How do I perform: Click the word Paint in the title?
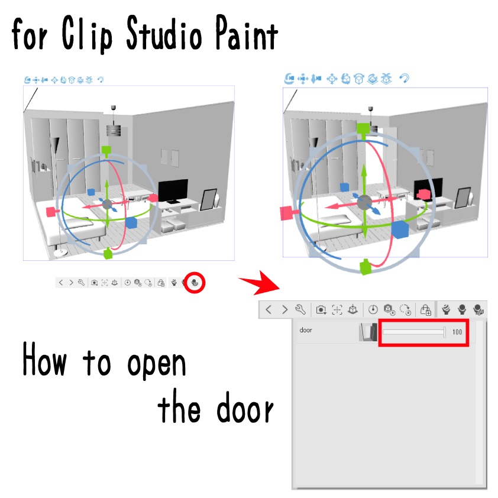tap(247, 33)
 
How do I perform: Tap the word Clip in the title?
tap(87, 34)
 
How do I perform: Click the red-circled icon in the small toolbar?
tap(195, 282)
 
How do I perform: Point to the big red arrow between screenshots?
tap(260, 282)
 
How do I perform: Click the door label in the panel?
tap(306, 330)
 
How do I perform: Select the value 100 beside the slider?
tap(457, 332)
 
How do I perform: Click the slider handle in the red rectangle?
tap(444, 332)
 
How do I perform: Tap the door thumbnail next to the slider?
tap(368, 332)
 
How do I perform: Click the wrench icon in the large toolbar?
tap(300, 309)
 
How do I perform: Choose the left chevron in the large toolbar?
tap(269, 309)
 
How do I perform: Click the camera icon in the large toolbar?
tap(321, 310)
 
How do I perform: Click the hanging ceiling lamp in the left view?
tap(114, 126)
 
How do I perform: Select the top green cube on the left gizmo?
tap(106, 150)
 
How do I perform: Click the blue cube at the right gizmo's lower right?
tap(400, 229)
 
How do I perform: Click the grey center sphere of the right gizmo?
tap(364, 202)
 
